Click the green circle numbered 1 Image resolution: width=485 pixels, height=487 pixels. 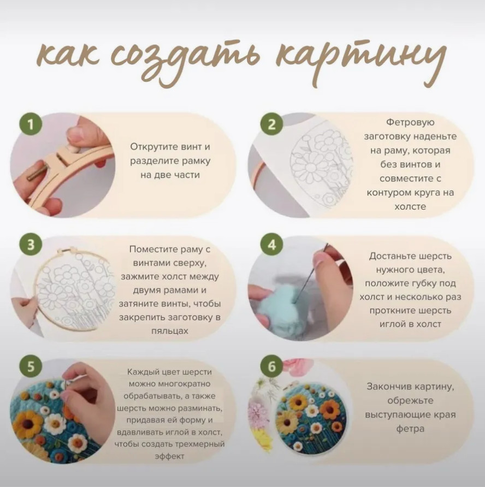coord(31,124)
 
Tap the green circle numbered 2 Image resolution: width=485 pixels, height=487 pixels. coord(271,124)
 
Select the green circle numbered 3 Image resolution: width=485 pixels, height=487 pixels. coord(31,245)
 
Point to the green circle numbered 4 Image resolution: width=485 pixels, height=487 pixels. coord(271,245)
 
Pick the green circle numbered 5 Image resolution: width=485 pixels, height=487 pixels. coord(31,366)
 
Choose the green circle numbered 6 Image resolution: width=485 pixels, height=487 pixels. coord(271,366)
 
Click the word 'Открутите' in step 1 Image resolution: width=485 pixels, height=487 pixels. coord(150,147)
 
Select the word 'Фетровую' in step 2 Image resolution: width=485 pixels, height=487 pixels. coord(410,122)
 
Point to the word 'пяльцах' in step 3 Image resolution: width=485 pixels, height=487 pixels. coord(170,331)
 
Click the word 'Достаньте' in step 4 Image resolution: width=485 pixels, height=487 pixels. coord(392,256)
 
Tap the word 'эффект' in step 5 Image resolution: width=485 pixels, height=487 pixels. coord(170,456)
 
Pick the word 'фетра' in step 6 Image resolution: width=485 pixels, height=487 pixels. coord(410,429)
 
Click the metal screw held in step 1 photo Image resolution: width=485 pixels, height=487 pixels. coord(36,174)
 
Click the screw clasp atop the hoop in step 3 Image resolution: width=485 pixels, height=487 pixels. coord(68,251)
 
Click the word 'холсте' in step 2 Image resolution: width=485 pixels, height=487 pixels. coord(410,207)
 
